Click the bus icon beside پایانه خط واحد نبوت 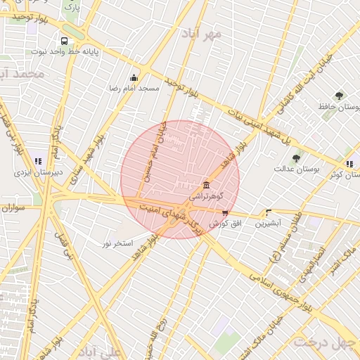pos(65,41)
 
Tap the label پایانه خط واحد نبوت pos(64,52)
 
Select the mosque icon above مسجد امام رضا pos(134,77)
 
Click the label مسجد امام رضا pos(134,88)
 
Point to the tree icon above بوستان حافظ pos(340,96)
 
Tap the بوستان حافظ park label pos(339,107)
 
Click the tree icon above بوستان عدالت pos(295,158)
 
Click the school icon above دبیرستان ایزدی pos(36,162)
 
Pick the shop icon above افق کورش pos(225,212)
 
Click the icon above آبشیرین pos(268,212)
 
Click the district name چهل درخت pos(326,342)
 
